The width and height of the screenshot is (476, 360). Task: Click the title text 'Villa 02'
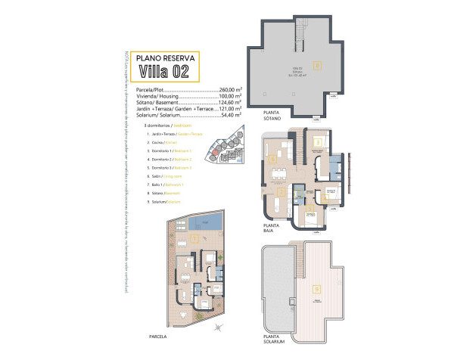[163, 72]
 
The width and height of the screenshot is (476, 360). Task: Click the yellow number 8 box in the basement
[318, 65]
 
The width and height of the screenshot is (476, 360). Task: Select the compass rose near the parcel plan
[219, 327]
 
